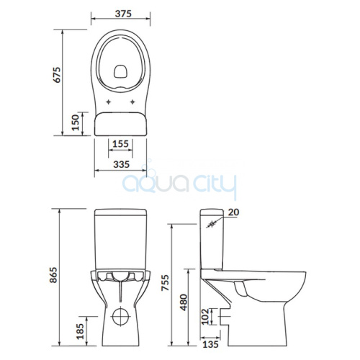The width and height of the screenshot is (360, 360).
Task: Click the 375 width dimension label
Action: point(123,14)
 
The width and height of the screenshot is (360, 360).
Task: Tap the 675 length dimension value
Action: point(57,75)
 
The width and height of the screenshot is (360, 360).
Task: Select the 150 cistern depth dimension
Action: point(76,122)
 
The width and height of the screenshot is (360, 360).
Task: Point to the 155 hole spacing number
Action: point(120,144)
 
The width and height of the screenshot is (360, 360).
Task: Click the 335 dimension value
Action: point(122,164)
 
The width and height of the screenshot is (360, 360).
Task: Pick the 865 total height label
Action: point(54,275)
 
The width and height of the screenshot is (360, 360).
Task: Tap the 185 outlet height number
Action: point(81,331)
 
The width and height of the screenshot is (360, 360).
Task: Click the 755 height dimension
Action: point(165,283)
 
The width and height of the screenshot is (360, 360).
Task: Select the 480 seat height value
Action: point(184,302)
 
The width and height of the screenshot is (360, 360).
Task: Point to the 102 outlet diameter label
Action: point(205,317)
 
